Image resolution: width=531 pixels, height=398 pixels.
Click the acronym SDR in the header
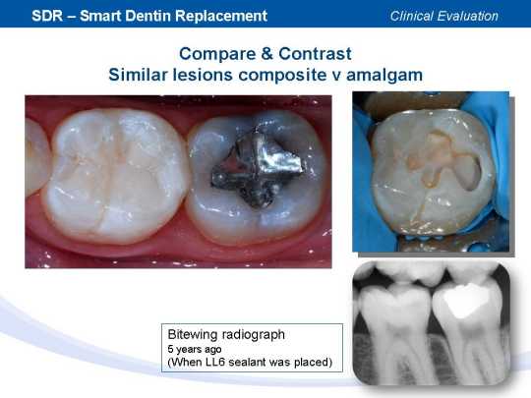47,16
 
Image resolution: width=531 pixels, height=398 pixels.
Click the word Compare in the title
217,54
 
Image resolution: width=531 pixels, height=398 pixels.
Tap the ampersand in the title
266,53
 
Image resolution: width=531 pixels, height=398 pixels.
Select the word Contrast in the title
315,53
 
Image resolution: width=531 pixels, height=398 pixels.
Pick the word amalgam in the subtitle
384,76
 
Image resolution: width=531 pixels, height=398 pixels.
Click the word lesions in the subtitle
203,75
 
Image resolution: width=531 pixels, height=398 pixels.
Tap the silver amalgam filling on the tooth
258,169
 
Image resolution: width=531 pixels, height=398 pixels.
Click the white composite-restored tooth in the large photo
115,176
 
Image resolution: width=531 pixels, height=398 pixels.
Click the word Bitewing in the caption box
192,335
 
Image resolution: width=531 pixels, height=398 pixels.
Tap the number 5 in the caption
170,349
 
